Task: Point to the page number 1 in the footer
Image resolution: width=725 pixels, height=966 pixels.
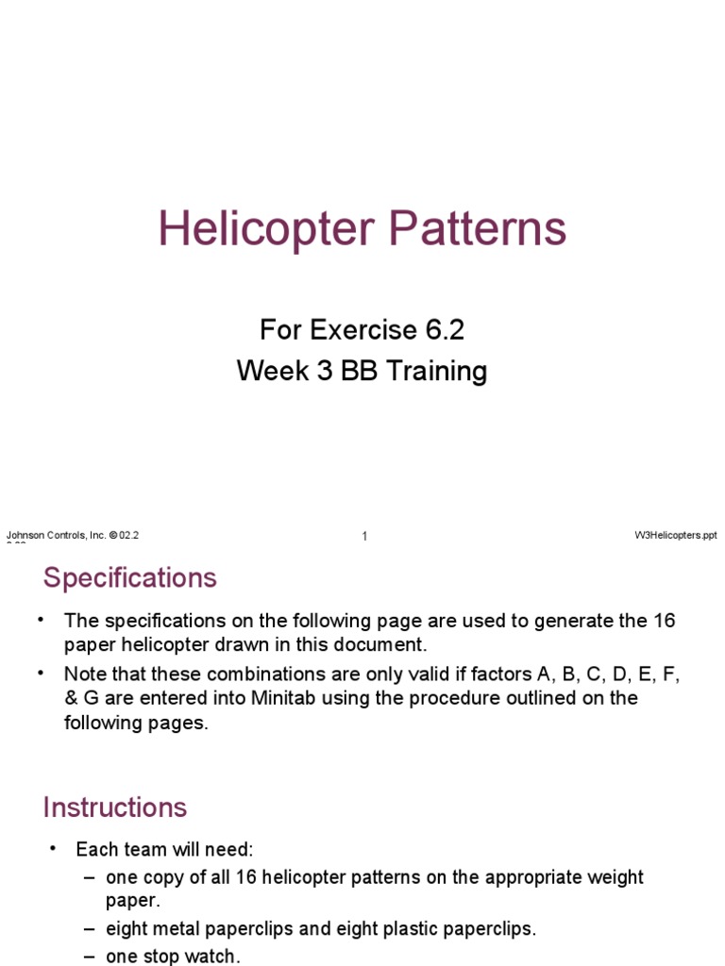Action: tap(364, 537)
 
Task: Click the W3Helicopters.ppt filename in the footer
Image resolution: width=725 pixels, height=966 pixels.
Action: tap(676, 535)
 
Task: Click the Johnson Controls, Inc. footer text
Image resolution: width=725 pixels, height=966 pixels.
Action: tap(57, 535)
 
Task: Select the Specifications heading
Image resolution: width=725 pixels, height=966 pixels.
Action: tap(130, 577)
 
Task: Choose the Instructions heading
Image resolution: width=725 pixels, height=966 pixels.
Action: tap(115, 808)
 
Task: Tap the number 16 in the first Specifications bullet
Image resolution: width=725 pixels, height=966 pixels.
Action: tap(664, 621)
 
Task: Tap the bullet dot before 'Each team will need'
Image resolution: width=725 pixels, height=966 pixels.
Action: tap(54, 849)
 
